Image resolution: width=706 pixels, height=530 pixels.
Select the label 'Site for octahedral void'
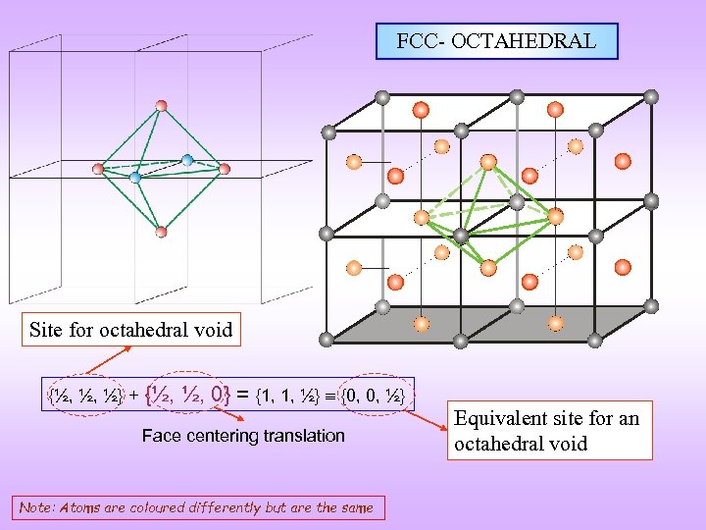131,330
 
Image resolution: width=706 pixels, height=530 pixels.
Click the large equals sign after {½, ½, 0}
242,396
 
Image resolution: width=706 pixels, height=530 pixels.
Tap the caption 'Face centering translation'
243,435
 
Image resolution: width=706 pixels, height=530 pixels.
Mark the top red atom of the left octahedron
161,105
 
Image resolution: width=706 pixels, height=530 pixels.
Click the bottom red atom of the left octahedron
161,232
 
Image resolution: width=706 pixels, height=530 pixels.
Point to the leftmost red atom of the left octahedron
97,169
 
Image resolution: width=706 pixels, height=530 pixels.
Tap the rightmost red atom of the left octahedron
225,169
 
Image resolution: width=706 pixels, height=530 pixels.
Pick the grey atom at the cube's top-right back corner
651,96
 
